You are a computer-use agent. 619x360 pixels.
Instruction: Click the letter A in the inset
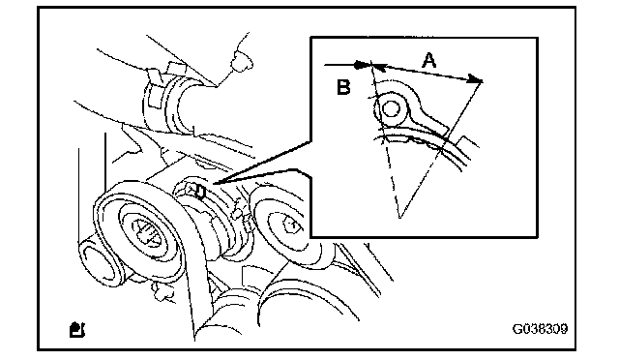tap(429, 60)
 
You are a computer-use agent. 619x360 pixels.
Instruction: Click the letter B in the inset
tap(343, 87)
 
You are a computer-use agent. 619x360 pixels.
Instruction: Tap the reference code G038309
tap(540, 329)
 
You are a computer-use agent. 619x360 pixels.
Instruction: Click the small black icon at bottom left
tap(77, 330)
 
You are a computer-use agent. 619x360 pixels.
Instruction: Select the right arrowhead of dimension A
tap(476, 79)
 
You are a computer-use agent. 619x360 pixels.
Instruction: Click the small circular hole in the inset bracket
tap(391, 108)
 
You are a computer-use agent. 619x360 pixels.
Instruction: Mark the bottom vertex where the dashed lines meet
tap(399, 218)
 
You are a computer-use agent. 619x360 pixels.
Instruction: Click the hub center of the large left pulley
tap(147, 234)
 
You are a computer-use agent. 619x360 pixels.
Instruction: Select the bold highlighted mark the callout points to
tap(200, 192)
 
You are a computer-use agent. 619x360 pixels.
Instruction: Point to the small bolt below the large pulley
tap(162, 291)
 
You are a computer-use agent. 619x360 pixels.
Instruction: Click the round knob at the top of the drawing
tap(242, 61)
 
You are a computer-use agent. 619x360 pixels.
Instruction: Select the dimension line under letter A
tap(427, 73)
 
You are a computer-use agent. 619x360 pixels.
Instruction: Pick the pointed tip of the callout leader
tap(213, 183)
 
